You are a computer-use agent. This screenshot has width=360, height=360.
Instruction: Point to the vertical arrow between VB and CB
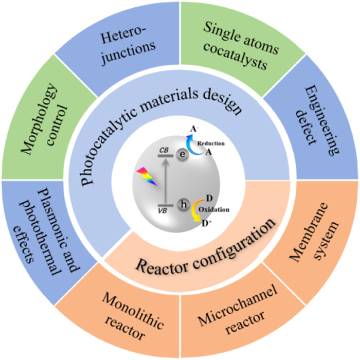click(x=165, y=180)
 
